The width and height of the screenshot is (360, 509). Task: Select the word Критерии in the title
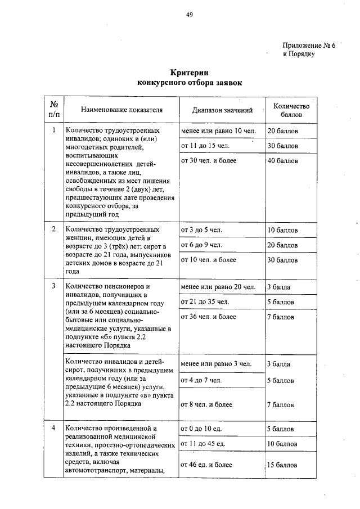click(190, 73)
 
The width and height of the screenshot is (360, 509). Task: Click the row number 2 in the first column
click(53, 229)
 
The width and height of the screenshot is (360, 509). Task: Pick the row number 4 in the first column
click(53, 428)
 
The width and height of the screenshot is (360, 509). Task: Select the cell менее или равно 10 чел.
click(218, 130)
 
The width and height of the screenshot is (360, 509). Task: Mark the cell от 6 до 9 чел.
click(201, 245)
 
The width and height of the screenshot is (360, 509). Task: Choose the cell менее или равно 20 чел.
click(218, 287)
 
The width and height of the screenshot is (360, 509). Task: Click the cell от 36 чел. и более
click(208, 317)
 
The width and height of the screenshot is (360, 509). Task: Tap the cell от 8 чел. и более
click(206, 404)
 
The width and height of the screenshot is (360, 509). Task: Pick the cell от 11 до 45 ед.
click(203, 444)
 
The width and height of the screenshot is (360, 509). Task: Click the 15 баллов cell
click(282, 465)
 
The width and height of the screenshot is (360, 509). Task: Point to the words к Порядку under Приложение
click(298, 55)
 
